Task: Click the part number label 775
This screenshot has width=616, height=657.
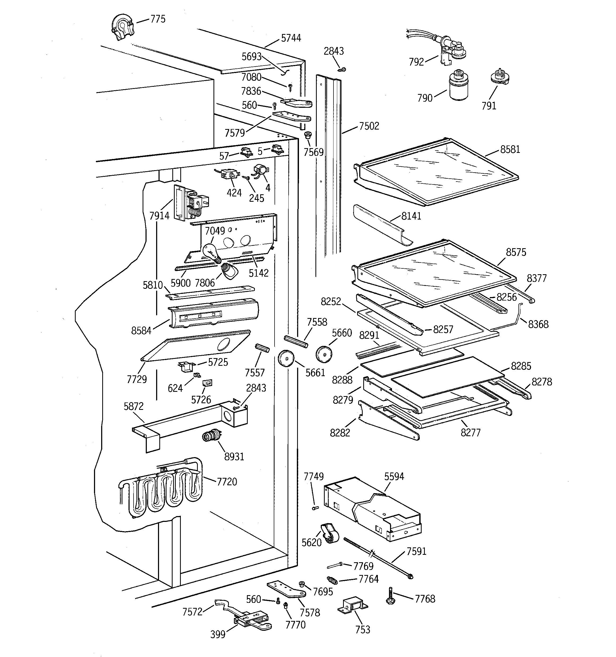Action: (158, 19)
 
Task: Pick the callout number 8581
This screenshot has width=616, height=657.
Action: (510, 150)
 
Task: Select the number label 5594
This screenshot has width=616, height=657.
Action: (394, 476)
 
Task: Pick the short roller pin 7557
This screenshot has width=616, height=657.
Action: (262, 348)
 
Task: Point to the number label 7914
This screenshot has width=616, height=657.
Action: (159, 216)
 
